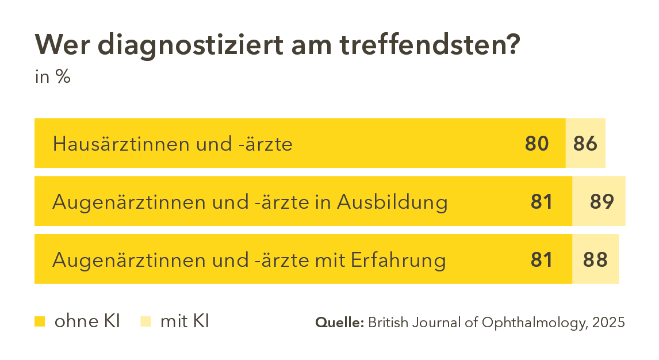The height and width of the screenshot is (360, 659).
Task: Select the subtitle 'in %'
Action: tap(52, 77)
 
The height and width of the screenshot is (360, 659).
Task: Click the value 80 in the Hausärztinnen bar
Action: tap(537, 143)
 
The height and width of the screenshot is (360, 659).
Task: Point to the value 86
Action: tap(585, 143)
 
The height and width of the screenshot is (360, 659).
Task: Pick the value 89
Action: tap(602, 201)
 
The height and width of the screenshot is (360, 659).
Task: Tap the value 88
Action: tap(595, 260)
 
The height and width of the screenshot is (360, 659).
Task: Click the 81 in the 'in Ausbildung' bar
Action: tap(541, 201)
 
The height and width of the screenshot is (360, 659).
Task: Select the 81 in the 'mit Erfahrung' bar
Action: tap(541, 260)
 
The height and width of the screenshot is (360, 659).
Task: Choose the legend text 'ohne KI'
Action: tap(87, 321)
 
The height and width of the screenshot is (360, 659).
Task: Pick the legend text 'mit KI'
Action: tap(184, 321)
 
